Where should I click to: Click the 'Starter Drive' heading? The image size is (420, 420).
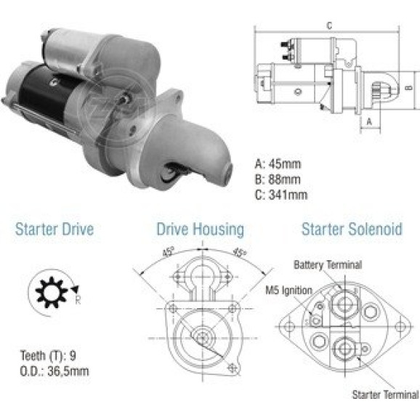tap(54, 230)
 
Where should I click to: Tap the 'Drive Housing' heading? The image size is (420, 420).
tap(201, 230)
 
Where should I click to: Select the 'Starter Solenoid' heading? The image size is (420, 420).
tap(352, 229)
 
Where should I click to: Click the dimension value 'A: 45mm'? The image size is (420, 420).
tap(278, 164)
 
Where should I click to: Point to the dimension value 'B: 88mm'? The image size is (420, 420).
tap(278, 179)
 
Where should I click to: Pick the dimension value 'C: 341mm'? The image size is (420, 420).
tap(281, 195)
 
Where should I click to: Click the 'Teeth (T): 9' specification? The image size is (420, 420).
tap(48, 356)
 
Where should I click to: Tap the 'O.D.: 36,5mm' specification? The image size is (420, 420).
tap(54, 371)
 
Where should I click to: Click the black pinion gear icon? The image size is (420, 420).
tap(52, 292)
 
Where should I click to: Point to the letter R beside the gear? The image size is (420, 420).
tap(78, 300)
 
